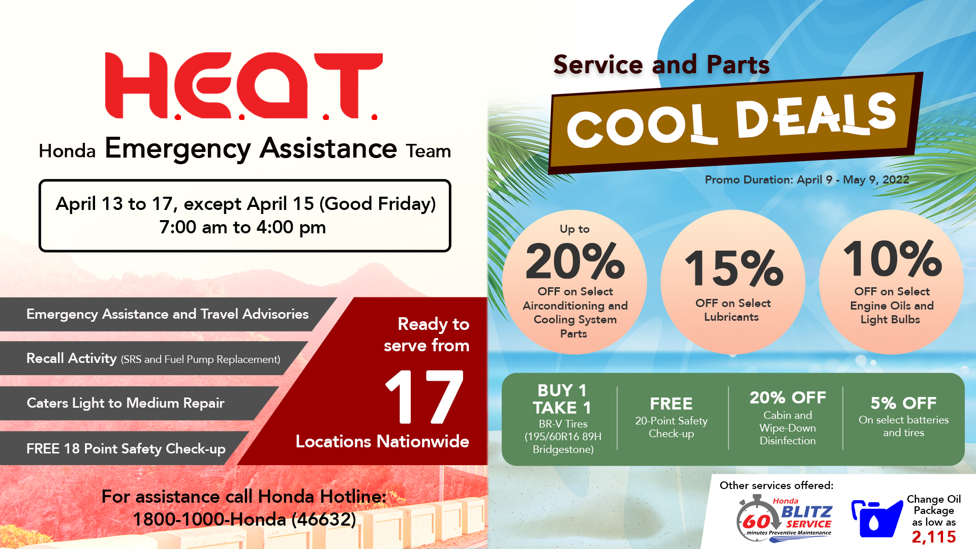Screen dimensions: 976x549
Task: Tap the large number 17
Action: pos(424,396)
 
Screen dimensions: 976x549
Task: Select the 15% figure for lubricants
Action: pos(734,268)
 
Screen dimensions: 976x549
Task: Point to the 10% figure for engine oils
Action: pos(893,258)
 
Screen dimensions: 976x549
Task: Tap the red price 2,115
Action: pos(934,537)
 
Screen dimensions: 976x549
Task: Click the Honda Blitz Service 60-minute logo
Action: pos(784,518)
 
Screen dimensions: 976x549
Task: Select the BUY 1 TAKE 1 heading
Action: pos(562,399)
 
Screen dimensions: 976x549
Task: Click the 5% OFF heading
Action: pos(903,403)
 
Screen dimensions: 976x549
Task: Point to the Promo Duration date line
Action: pos(807,179)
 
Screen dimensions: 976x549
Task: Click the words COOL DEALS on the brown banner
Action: pos(731,120)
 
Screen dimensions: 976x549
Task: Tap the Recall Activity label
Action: pos(72,358)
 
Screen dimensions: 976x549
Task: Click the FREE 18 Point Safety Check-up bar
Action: pos(125,448)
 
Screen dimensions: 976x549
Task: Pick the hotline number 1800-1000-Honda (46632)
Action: pos(245,519)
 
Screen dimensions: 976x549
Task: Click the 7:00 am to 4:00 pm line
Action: pos(242,227)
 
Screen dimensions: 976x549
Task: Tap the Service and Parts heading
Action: pos(661,65)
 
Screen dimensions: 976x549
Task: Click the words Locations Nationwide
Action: pos(382,441)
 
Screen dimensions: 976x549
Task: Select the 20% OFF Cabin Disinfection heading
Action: pos(788,398)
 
